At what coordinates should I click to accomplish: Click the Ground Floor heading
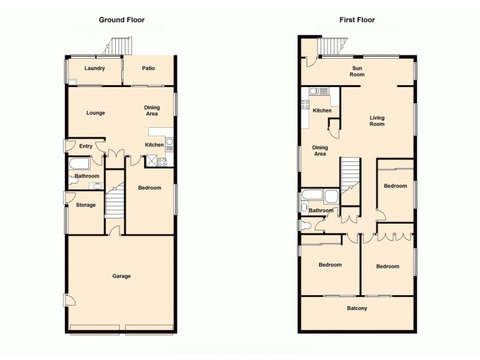pos(122,20)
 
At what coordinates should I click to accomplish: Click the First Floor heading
pos(357,20)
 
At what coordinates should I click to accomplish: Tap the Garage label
pos(121,276)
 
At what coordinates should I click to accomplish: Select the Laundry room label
pos(95,68)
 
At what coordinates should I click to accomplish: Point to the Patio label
pos(149,68)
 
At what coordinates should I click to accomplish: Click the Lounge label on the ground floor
pos(95,113)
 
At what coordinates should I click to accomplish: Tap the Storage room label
pos(86,205)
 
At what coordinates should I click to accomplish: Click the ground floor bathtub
pos(79,164)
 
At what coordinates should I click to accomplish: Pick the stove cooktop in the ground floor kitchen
pos(162,161)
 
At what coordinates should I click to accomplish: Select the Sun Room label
pos(358,71)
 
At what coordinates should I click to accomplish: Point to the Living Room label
pos(377,121)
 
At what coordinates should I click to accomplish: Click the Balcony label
pos(357,308)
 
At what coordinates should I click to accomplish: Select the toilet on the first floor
pos(306,226)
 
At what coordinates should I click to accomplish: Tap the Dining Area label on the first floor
pos(320,151)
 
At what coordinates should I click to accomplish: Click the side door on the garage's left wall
pos(69,300)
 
